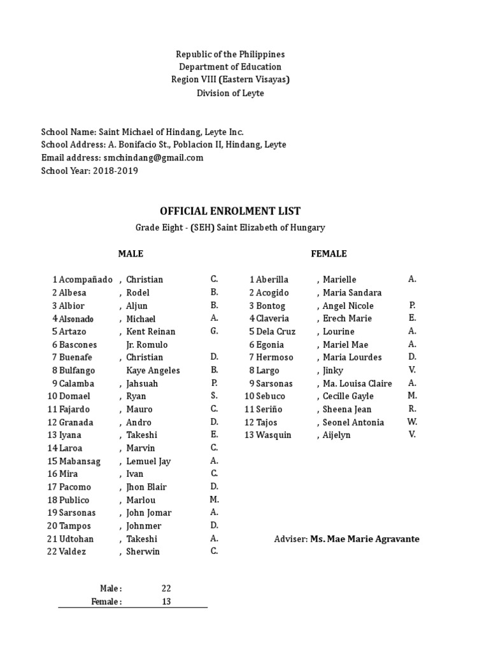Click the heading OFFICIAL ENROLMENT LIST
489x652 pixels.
(x=230, y=211)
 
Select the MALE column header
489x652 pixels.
(x=131, y=253)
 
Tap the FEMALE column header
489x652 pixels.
(x=329, y=253)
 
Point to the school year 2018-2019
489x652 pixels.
(x=115, y=171)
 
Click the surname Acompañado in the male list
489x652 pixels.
(x=86, y=280)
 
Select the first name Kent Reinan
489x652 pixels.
(x=151, y=331)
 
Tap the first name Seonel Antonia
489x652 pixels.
(x=353, y=422)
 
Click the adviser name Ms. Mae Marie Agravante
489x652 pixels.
(x=365, y=539)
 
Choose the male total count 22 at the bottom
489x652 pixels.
(x=166, y=588)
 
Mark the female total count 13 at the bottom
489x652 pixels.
(x=166, y=601)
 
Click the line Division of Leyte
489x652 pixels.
(x=230, y=93)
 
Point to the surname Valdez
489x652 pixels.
(x=73, y=551)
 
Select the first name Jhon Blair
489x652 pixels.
(x=146, y=487)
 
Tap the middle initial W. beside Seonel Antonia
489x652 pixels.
(x=412, y=422)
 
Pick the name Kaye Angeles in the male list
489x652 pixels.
(x=153, y=371)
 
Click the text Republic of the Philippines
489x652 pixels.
(x=230, y=54)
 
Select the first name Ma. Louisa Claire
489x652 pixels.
(x=357, y=383)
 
